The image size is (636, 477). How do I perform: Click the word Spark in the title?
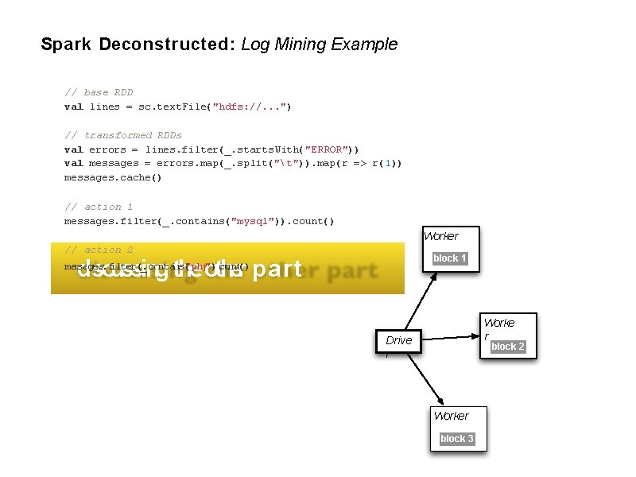point(66,45)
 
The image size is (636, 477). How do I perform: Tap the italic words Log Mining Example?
point(319,45)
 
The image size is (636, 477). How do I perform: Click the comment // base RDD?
point(99,92)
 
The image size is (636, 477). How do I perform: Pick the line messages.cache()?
point(113,178)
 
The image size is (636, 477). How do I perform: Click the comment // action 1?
point(99,207)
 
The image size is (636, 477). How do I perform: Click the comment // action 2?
point(99,250)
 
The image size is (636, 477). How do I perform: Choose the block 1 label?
point(450,258)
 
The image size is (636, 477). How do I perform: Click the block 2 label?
point(508,347)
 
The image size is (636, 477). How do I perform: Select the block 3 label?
point(457,439)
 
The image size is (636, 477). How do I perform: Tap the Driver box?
point(399,340)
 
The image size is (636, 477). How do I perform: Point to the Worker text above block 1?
point(441,236)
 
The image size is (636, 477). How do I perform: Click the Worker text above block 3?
point(452,416)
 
